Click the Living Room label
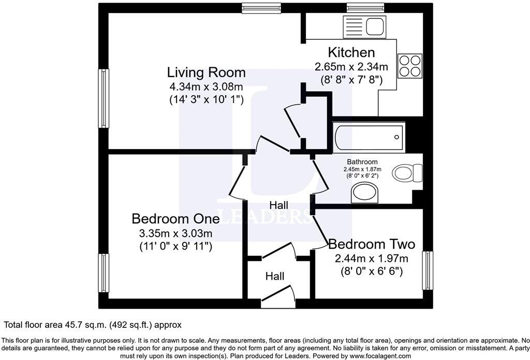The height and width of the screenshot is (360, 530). click(x=206, y=72)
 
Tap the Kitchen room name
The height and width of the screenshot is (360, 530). click(x=351, y=52)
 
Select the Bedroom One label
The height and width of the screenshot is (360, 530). click(x=175, y=219)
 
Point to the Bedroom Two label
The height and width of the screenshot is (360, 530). click(x=372, y=243)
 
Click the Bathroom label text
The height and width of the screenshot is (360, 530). click(x=362, y=162)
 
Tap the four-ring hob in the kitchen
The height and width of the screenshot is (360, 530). click(x=409, y=65)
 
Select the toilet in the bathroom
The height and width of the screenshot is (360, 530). click(x=408, y=172)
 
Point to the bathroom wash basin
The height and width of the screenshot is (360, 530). click(x=365, y=194)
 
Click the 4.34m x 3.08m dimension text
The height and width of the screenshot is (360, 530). click(x=206, y=87)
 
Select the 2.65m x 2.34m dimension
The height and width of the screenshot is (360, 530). click(x=351, y=67)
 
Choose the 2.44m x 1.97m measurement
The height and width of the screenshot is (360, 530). click(x=372, y=258)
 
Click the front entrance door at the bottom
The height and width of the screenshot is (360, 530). click(x=279, y=299)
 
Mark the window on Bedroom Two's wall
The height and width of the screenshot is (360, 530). click(x=428, y=270)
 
